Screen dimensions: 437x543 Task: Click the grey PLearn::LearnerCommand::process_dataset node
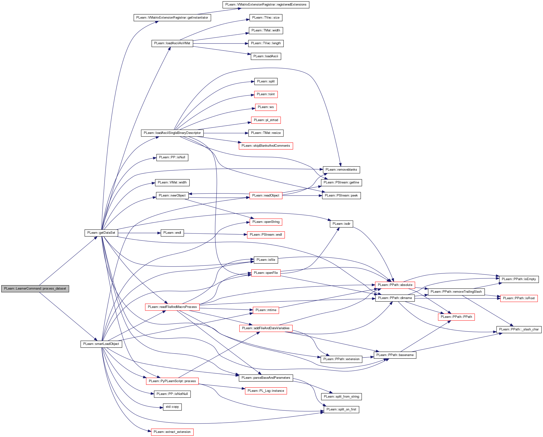point(35,289)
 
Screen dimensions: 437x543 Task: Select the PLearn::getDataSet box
point(101,233)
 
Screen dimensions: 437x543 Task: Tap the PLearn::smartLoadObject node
point(101,344)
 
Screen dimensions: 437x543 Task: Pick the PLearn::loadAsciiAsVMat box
point(172,43)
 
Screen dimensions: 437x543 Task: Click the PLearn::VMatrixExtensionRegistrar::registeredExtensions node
point(266,5)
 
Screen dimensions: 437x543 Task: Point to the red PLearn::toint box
point(266,95)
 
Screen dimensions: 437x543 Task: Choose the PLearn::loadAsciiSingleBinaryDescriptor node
point(172,133)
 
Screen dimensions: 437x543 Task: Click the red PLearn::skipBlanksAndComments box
point(266,146)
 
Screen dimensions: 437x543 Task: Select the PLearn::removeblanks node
point(341,170)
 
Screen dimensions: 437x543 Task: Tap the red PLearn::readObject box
point(266,196)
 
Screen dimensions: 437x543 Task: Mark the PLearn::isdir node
point(341,224)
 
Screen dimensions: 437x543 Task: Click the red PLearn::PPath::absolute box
point(395,285)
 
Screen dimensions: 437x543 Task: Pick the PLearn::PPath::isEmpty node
point(519,279)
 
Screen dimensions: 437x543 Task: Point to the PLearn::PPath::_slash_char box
point(519,329)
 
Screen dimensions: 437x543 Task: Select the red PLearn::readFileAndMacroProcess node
point(172,307)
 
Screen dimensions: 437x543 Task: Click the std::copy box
point(172,407)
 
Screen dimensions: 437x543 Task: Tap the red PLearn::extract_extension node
point(172,432)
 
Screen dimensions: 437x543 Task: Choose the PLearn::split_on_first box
point(341,409)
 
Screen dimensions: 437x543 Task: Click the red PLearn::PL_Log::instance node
point(266,391)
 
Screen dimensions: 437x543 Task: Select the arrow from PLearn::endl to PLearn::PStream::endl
point(214,234)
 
